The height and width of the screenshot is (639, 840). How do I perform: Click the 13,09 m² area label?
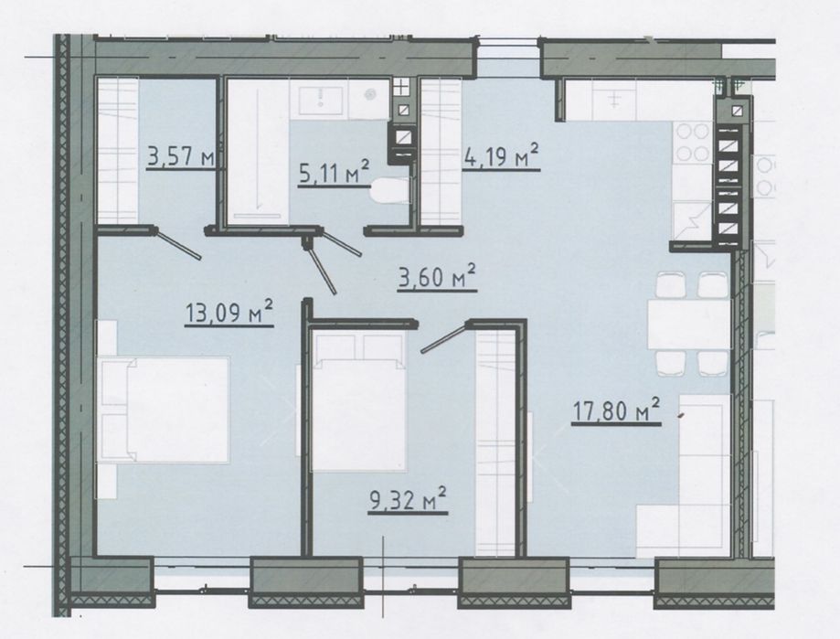[x=229, y=313]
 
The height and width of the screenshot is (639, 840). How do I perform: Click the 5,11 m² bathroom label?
[x=334, y=171]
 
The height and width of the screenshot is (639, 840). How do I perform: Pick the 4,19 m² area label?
[x=500, y=156]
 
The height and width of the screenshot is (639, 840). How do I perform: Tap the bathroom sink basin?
[x=320, y=101]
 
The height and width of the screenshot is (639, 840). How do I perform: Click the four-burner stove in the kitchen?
[x=693, y=142]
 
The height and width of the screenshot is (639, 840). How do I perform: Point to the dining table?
[x=689, y=325]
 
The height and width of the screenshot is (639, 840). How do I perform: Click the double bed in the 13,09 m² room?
[x=165, y=409]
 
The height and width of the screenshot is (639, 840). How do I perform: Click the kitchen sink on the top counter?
[x=614, y=100]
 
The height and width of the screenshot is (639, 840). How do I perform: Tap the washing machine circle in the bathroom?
[x=369, y=95]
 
